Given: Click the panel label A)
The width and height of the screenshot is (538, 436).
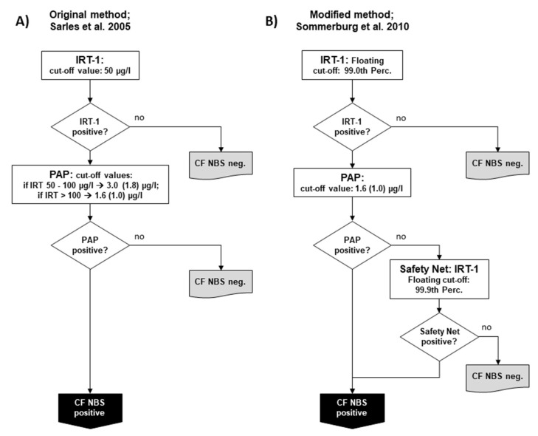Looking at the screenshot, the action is pyautogui.click(x=23, y=21).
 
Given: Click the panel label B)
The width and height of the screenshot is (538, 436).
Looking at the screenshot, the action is pyautogui.click(x=272, y=21).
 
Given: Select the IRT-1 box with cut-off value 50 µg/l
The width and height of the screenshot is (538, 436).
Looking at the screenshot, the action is pyautogui.click(x=90, y=65).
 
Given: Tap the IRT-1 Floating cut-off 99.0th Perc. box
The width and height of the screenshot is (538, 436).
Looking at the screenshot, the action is pyautogui.click(x=352, y=65).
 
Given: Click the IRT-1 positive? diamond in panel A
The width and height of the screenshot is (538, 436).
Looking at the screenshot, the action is pyautogui.click(x=90, y=127).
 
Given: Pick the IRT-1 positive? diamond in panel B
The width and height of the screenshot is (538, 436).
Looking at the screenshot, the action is pyautogui.click(x=352, y=127).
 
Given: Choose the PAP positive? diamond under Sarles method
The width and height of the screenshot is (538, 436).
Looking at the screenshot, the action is pyautogui.click(x=90, y=245).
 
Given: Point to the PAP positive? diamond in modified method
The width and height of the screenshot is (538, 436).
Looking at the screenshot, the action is pyautogui.click(x=352, y=245).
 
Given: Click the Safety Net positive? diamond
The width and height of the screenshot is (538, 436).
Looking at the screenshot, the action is pyautogui.click(x=439, y=337).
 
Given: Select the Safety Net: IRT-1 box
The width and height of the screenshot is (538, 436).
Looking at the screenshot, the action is pyautogui.click(x=439, y=279).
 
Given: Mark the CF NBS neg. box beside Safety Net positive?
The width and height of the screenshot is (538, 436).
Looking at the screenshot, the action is pyautogui.click(x=497, y=377).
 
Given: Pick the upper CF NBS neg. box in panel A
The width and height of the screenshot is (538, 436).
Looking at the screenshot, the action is pyautogui.click(x=221, y=164).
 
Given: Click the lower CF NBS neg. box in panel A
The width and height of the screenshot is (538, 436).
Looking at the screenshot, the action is pyautogui.click(x=221, y=283).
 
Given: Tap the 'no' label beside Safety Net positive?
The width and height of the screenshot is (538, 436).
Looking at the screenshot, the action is pyautogui.click(x=486, y=327).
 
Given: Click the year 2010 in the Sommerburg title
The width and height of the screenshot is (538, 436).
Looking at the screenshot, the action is pyautogui.click(x=399, y=27).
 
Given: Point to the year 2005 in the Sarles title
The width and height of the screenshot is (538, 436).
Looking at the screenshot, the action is pyautogui.click(x=120, y=27).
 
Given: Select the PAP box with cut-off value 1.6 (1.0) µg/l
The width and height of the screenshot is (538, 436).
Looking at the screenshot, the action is pyautogui.click(x=352, y=183).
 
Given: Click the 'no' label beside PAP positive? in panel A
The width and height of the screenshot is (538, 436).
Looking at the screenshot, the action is pyautogui.click(x=139, y=236).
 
